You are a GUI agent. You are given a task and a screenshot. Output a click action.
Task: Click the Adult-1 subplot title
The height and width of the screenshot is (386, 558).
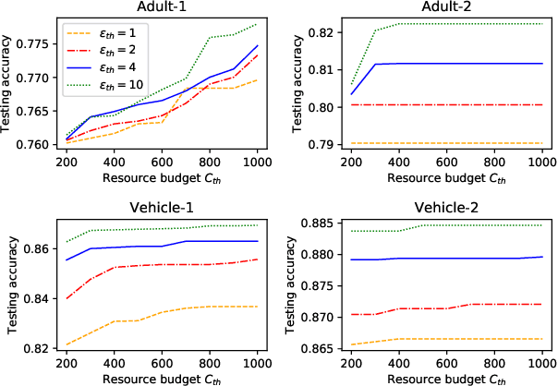pos(153,7)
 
